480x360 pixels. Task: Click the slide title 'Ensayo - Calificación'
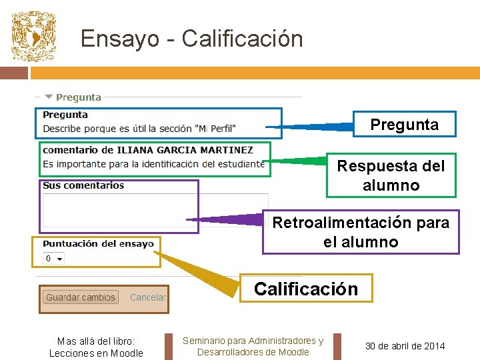(x=191, y=39)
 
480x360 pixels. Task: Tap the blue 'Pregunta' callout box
(x=404, y=125)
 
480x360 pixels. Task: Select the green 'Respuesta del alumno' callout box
(x=391, y=175)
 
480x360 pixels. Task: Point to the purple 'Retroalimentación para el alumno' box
(x=361, y=232)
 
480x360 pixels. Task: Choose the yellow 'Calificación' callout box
(x=306, y=289)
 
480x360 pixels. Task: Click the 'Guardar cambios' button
(x=81, y=298)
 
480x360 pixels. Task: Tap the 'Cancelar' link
(x=148, y=298)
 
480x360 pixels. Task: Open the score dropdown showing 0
(x=53, y=259)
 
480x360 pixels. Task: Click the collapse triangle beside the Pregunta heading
(x=49, y=97)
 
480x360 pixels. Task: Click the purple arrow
(x=227, y=219)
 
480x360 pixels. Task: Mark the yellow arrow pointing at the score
(x=200, y=270)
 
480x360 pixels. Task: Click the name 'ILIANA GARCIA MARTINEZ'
(x=185, y=150)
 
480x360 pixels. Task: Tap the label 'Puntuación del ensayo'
(x=98, y=243)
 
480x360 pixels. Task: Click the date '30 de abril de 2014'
(x=405, y=345)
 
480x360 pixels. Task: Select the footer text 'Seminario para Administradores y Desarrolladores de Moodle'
(x=253, y=346)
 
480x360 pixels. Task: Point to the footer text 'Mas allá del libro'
(x=96, y=341)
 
